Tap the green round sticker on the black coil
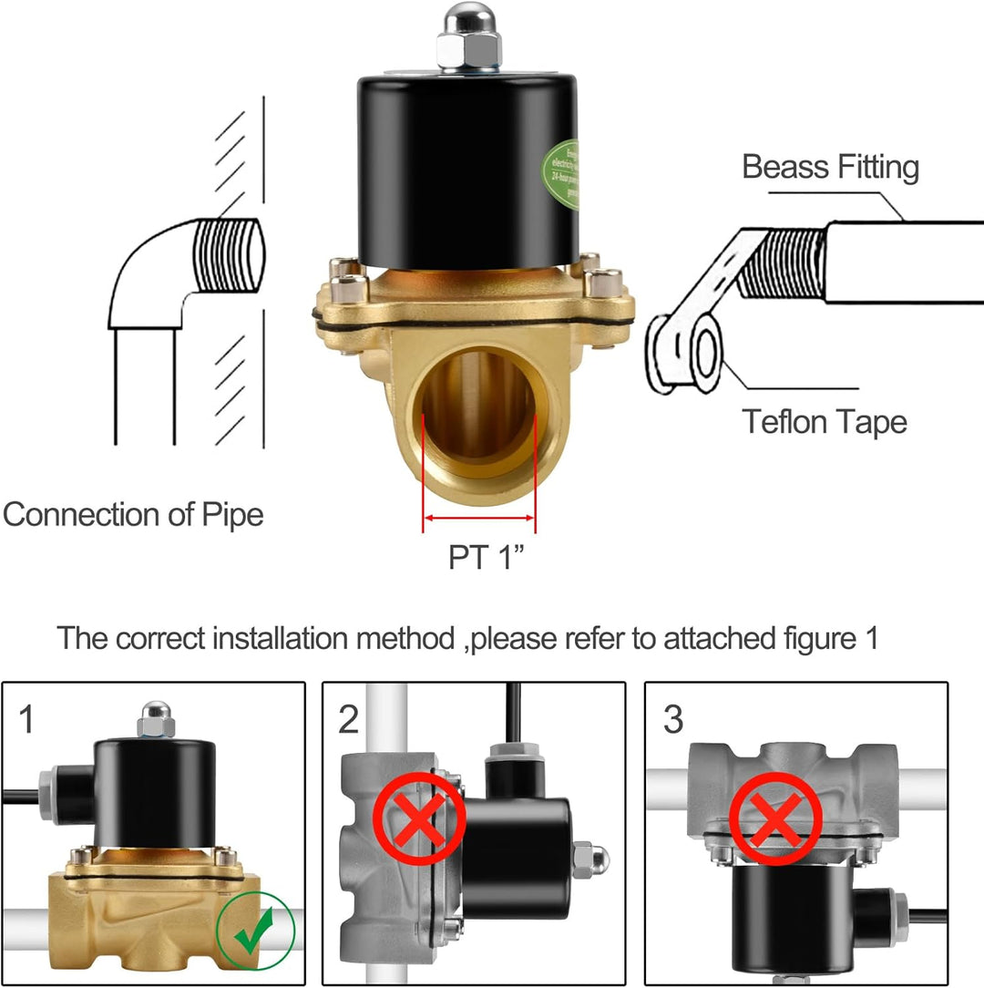561,173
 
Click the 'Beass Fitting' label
830,168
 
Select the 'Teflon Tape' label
824,422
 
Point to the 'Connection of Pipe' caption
133,515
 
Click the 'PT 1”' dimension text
488,557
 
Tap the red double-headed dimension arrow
479,518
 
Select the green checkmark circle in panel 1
256,935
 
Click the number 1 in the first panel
27,720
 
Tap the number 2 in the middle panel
349,720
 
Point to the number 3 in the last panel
672,720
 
